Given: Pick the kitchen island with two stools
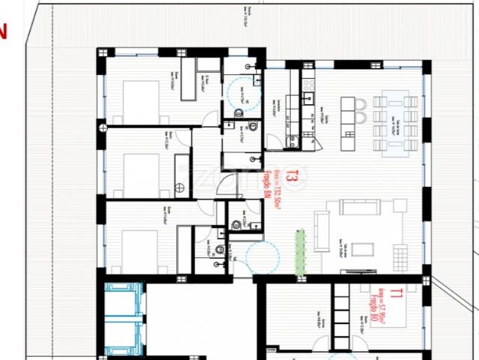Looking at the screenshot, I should click(349, 119).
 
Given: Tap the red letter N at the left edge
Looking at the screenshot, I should click(3, 31).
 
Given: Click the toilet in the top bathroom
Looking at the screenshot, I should click(238, 113).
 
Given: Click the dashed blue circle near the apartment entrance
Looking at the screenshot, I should click(262, 257).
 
